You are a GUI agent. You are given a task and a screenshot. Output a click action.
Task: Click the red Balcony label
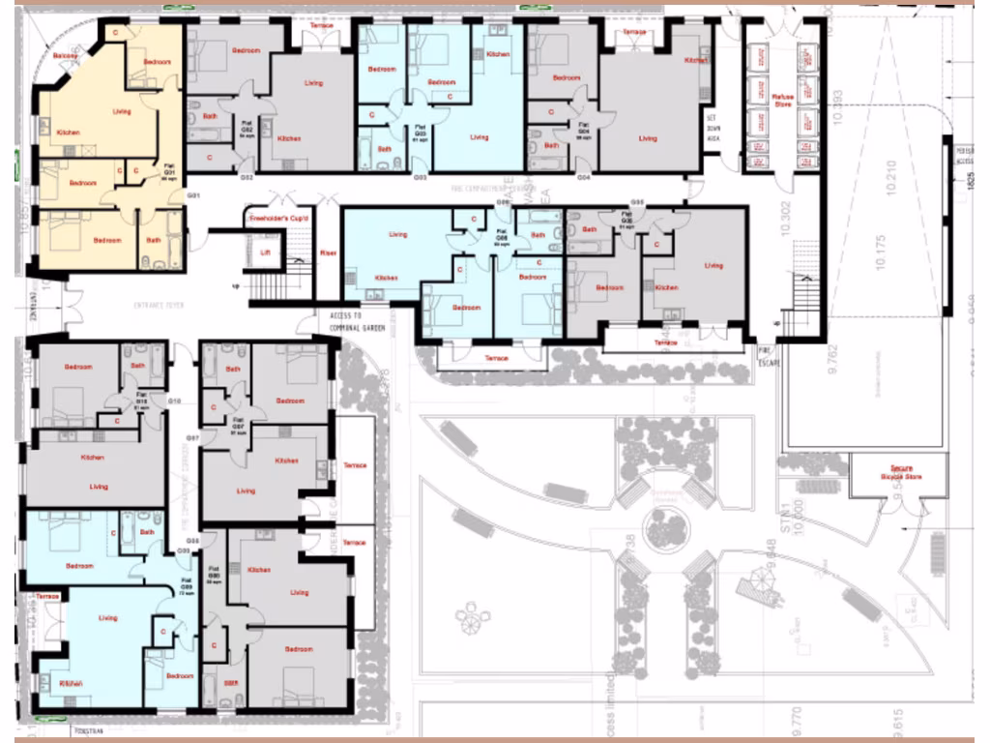(x=66, y=55)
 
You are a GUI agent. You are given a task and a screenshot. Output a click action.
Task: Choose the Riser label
(x=327, y=253)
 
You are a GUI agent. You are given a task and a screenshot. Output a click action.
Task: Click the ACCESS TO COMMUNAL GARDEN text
(x=343, y=322)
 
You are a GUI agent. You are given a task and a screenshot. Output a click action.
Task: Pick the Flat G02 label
(x=246, y=133)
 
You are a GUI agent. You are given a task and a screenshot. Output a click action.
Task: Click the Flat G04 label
(x=583, y=130)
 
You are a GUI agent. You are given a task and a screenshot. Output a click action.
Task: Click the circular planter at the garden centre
(x=666, y=528)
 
